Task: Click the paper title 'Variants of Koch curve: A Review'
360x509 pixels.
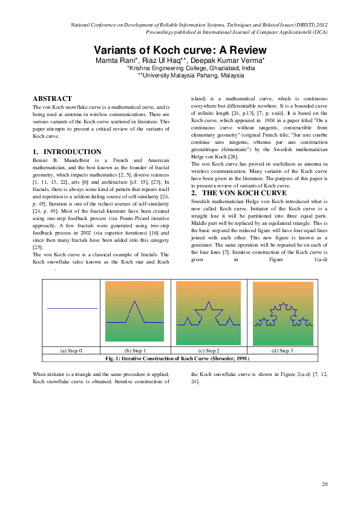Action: (180, 50)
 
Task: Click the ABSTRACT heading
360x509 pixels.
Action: (52, 98)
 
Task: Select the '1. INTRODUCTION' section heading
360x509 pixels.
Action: (67, 152)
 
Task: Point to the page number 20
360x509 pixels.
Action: (324, 484)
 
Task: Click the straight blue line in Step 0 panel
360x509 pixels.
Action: (72, 309)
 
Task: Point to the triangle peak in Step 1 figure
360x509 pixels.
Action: (134, 302)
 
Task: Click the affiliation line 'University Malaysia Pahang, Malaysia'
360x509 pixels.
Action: (191, 76)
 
